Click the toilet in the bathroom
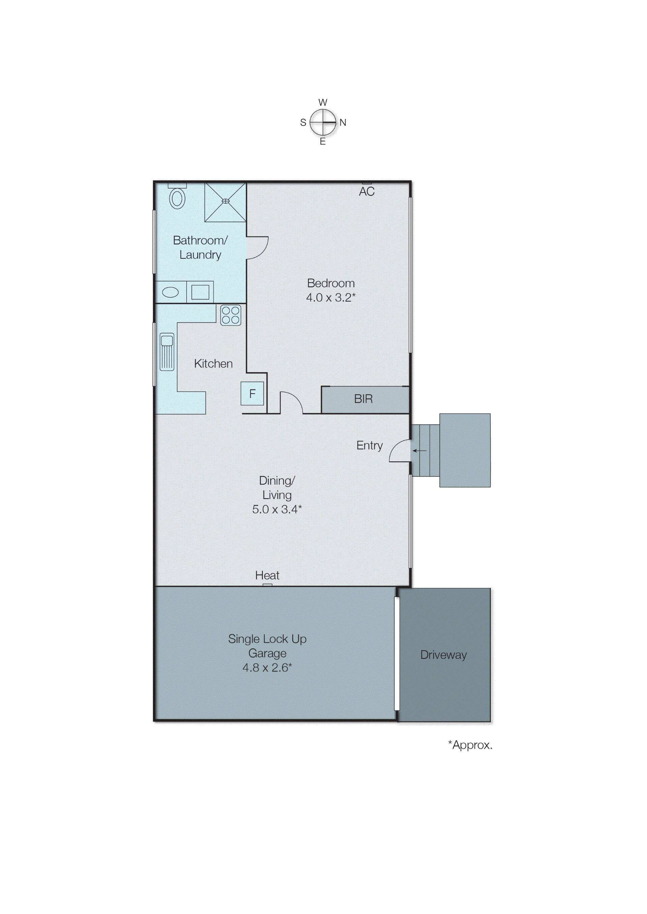tap(177, 197)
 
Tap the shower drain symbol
tap(225, 201)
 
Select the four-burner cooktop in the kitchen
tap(231, 315)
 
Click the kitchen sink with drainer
tap(167, 352)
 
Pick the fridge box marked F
tap(252, 394)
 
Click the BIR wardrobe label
tap(363, 399)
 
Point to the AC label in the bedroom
tap(367, 192)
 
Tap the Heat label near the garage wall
tap(267, 575)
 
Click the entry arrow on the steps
tap(419, 451)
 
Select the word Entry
tap(369, 446)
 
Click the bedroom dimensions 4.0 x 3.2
tap(331, 297)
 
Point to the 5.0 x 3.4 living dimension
tap(277, 509)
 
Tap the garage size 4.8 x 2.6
tap(267, 667)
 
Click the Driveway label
tap(443, 655)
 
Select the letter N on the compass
tap(343, 122)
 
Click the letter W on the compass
tap(323, 103)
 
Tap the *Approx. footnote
tap(470, 745)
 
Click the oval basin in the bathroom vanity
tap(171, 292)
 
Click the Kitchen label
tap(213, 364)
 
